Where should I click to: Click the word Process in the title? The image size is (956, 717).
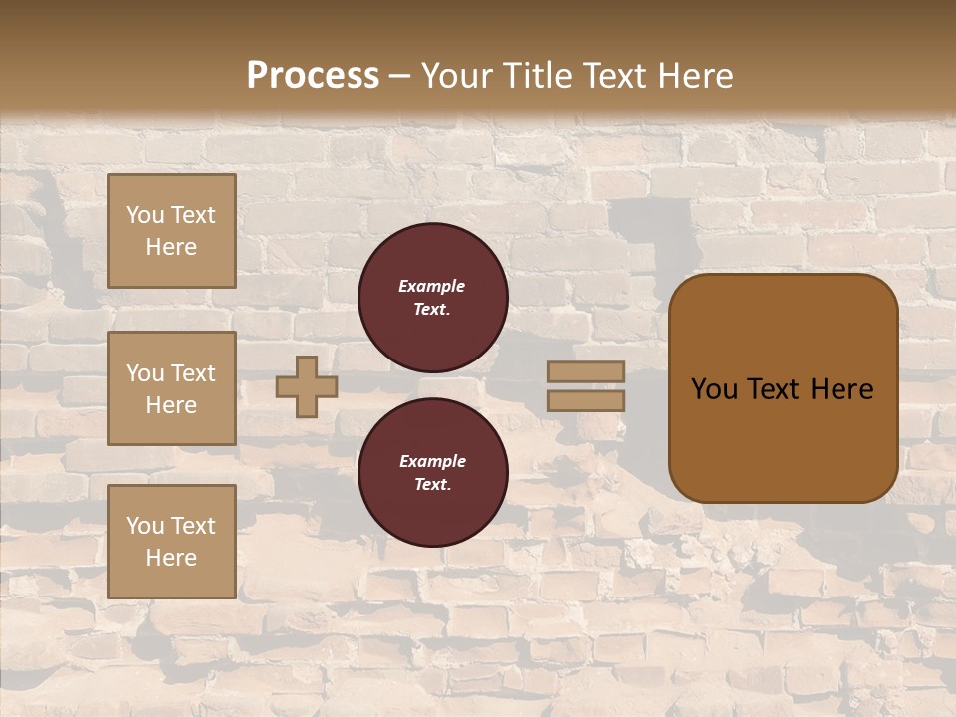point(313,76)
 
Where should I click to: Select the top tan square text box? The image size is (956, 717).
point(171,231)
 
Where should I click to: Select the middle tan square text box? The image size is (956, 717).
point(171,388)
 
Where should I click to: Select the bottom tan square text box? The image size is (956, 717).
point(171,542)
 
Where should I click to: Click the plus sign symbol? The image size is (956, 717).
point(307,386)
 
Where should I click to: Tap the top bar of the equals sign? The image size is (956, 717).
point(586,371)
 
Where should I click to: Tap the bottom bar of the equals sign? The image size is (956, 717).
point(586,401)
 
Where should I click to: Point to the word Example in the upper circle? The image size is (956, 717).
point(432,286)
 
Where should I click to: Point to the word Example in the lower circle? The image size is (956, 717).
point(432,461)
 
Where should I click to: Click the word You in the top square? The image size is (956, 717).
point(145,215)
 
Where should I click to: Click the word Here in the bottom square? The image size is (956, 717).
point(171,558)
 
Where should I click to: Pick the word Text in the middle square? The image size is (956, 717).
point(192,373)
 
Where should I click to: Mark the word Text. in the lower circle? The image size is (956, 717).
point(432,485)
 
